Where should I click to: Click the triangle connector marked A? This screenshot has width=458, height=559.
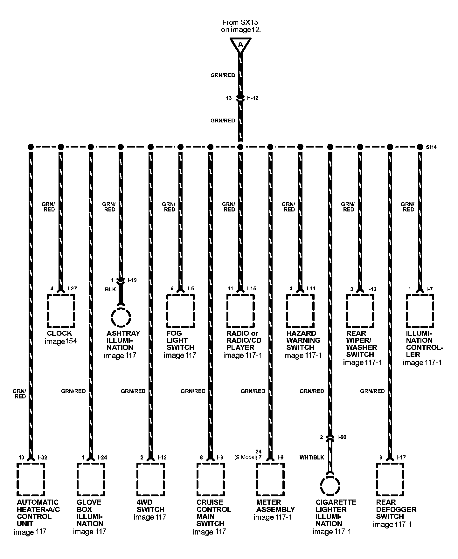coord(240,45)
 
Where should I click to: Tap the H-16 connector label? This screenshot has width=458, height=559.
coord(253,98)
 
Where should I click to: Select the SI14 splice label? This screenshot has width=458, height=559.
coord(431,147)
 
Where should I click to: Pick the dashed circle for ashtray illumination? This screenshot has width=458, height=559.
coord(121,317)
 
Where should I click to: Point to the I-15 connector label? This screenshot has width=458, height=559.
coord(251,289)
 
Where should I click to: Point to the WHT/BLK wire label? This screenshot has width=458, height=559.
coord(312,458)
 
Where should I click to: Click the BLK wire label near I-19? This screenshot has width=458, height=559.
coord(110,290)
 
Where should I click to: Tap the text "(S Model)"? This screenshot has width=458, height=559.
coord(246,458)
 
